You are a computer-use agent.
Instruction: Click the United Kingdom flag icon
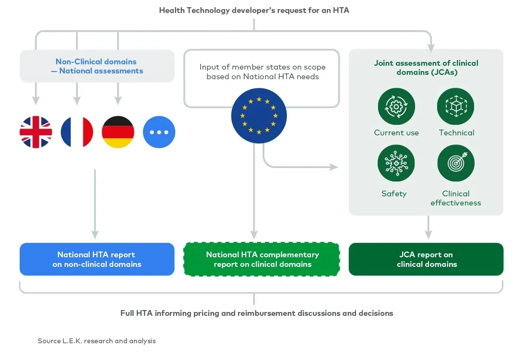(x=36, y=132)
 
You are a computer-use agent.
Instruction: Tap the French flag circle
(x=77, y=132)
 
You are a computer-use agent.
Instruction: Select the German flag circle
(x=118, y=132)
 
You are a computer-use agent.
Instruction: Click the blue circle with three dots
(x=159, y=132)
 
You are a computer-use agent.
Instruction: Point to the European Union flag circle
(x=259, y=116)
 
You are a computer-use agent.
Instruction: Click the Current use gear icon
(x=396, y=107)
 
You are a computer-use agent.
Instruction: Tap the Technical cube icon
(x=456, y=107)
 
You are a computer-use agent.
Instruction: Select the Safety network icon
(x=396, y=163)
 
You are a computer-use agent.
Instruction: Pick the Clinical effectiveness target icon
(x=456, y=163)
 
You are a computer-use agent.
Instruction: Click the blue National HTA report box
(x=96, y=259)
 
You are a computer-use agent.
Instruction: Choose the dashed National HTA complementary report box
(x=262, y=259)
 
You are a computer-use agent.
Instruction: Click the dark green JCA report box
(x=426, y=259)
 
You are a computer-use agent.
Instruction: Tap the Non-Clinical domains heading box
(x=96, y=66)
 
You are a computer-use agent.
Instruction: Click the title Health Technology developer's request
(x=254, y=10)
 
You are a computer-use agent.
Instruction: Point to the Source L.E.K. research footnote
(x=97, y=341)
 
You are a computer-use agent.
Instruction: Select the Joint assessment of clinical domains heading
(x=426, y=68)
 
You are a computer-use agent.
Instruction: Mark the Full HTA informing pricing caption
(x=257, y=313)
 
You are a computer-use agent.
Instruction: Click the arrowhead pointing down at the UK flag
(x=36, y=100)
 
